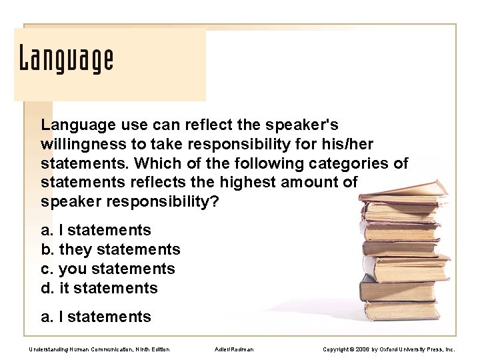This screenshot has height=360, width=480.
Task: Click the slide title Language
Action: coord(66,60)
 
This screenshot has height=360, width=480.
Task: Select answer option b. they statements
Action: coord(111,249)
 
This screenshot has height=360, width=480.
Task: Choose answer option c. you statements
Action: coord(108,269)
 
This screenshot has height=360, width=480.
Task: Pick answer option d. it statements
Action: coord(99,288)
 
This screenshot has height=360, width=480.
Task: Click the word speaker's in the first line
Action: coord(303,125)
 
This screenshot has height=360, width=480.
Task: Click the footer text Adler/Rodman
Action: coord(235,349)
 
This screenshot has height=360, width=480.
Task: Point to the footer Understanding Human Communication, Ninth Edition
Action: coord(99,349)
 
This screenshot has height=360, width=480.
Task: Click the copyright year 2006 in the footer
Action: coord(363,349)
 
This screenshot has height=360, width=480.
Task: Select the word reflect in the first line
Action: coord(199,125)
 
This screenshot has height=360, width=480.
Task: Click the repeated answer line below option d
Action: coord(96,317)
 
